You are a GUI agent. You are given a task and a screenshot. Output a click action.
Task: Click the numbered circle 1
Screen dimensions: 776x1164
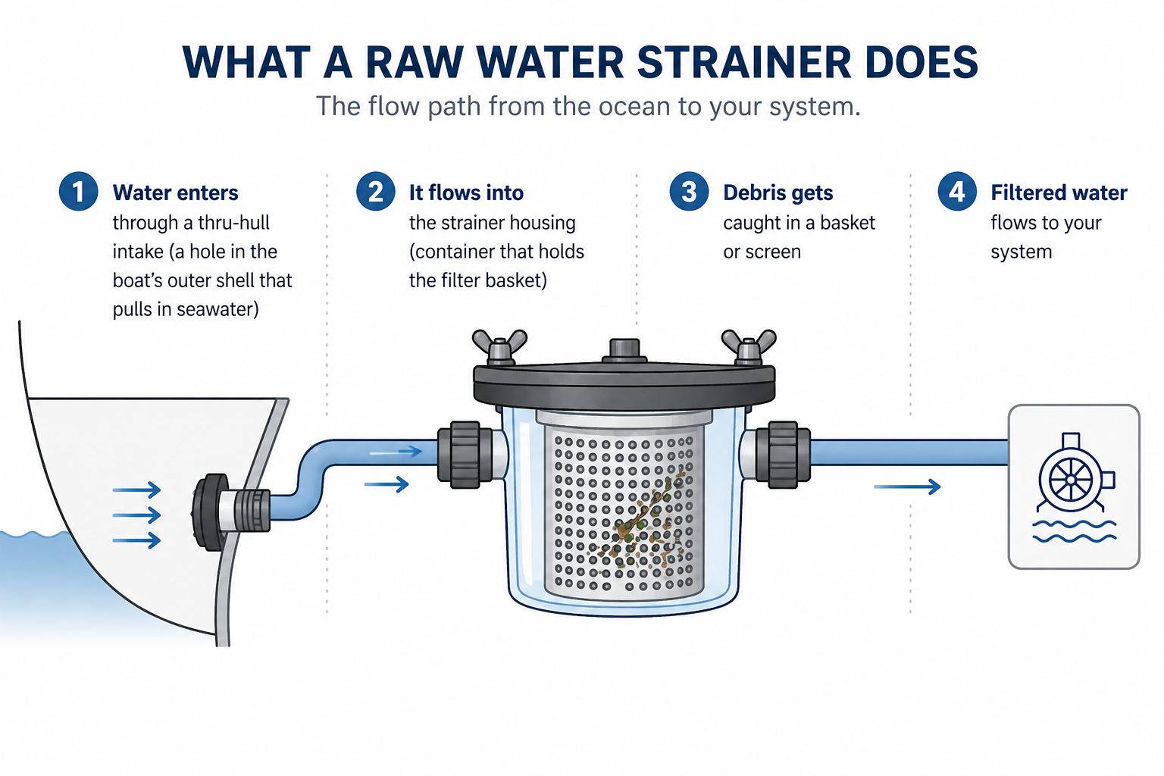(x=78, y=192)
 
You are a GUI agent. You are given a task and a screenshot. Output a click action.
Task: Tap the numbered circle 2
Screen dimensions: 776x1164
(x=375, y=192)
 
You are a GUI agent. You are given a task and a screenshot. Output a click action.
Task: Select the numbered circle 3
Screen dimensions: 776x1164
(x=689, y=192)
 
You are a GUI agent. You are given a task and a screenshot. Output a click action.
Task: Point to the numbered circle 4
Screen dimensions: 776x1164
(x=956, y=192)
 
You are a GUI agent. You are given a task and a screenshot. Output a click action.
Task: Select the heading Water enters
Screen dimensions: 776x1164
(x=175, y=192)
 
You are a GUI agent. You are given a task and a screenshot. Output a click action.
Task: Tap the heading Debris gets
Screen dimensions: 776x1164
(x=778, y=192)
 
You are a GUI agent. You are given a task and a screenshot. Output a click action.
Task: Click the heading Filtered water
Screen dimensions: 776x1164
(x=1058, y=192)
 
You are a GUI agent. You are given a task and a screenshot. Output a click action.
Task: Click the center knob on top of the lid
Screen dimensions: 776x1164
(x=624, y=350)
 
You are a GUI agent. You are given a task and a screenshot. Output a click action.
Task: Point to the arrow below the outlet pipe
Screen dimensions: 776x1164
(x=907, y=487)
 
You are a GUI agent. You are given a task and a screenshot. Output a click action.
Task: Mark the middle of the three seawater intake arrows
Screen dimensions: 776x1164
(x=137, y=515)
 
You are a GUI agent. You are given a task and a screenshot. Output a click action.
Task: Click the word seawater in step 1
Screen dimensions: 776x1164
(x=217, y=309)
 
